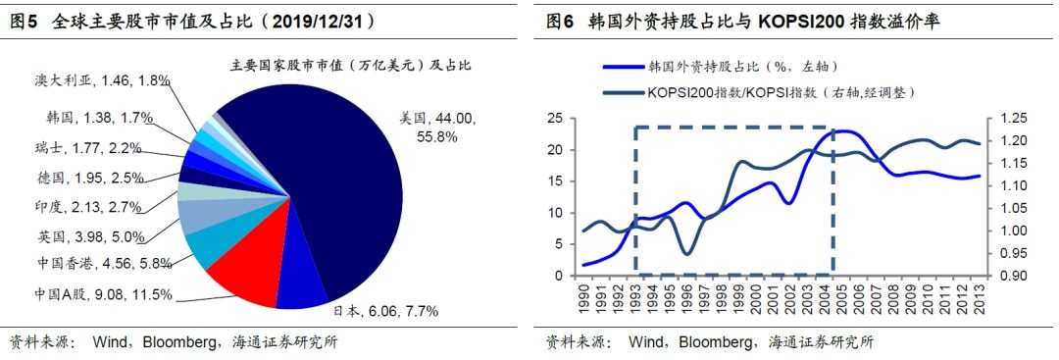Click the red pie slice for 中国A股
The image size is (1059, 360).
point(240,277)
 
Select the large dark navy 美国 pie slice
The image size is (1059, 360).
point(337,182)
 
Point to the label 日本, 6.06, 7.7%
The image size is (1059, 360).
point(385,311)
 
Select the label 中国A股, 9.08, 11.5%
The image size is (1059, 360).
point(103,294)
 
